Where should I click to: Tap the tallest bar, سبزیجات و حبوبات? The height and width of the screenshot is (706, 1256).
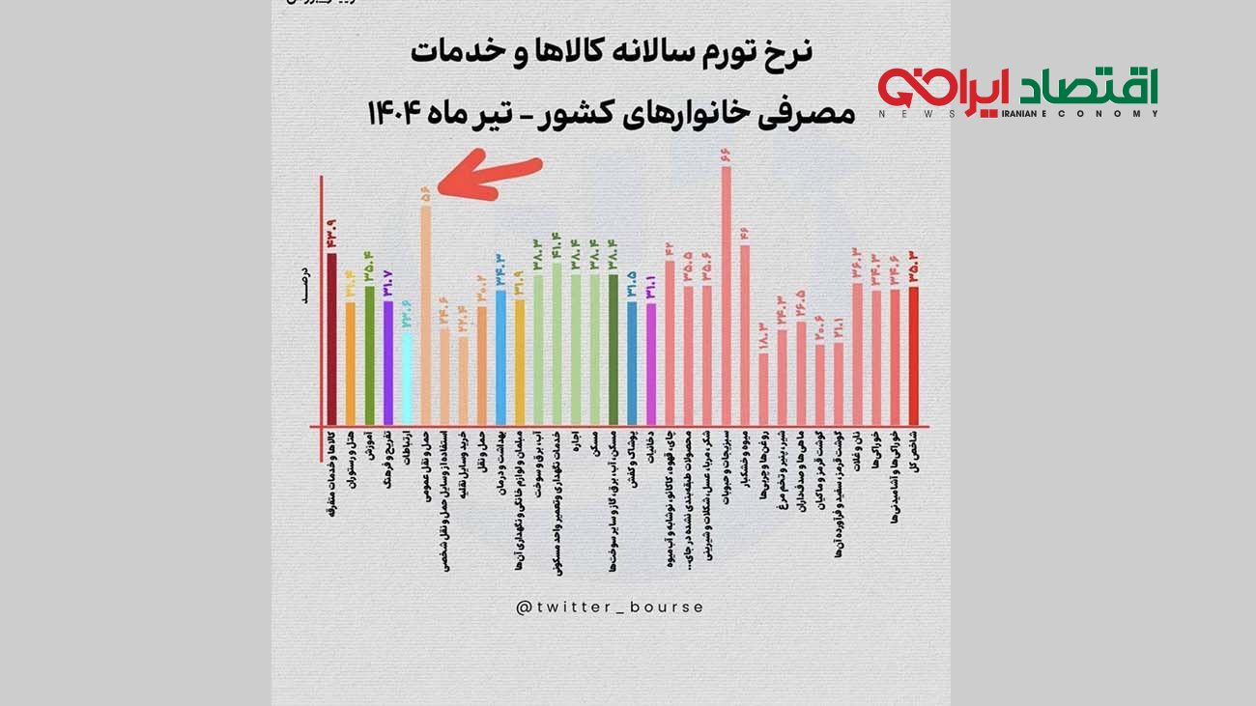point(727,296)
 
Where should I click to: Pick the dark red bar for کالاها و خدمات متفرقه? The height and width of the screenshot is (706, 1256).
point(331,339)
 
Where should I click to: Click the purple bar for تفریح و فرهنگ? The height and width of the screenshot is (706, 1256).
point(388,363)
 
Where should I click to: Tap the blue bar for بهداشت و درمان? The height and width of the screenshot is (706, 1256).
point(500,357)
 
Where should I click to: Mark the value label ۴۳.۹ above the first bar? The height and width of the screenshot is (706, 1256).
point(331,233)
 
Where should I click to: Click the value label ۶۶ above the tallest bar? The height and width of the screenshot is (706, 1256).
point(727,155)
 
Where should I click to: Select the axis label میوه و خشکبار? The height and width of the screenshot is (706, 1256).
point(745,463)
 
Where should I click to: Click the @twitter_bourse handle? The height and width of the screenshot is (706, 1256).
point(610,607)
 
